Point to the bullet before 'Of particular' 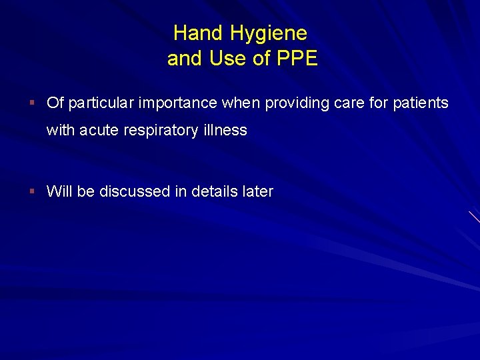pyautogui.click(x=32, y=103)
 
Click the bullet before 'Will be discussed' pyautogui.click(x=32, y=191)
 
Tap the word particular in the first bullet pyautogui.click(x=99, y=103)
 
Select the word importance pyautogui.click(x=176, y=103)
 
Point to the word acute pyautogui.click(x=99, y=131)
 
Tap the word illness pyautogui.click(x=225, y=131)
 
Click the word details pyautogui.click(x=215, y=192)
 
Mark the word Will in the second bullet pyautogui.click(x=59, y=192)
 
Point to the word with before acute pyautogui.click(x=61, y=131)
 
